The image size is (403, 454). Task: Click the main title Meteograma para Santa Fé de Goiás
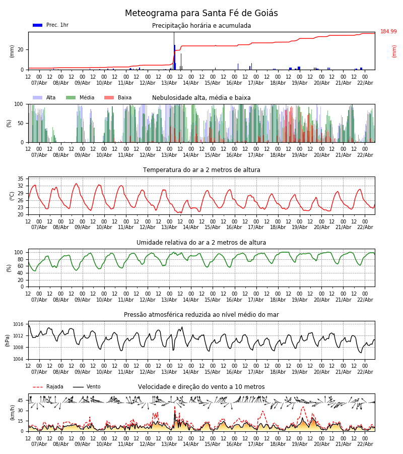click(201, 14)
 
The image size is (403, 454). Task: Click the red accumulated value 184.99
click(388, 32)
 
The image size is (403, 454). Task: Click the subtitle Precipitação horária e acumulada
click(201, 26)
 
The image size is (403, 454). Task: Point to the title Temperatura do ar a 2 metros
click(201, 170)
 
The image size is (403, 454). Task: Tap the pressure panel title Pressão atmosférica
click(201, 315)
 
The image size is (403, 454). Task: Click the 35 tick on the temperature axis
click(21, 179)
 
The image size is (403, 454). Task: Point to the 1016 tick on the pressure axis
click(19, 324)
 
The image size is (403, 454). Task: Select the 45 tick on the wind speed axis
click(21, 401)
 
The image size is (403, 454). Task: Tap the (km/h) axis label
click(13, 413)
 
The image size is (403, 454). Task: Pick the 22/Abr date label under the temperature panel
click(365, 227)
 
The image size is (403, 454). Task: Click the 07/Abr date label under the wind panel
click(39, 444)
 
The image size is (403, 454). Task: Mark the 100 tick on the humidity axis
click(19, 252)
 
